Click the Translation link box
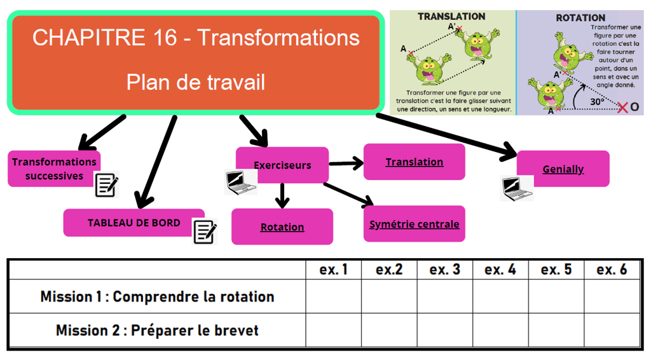coord(414,162)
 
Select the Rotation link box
coord(282,227)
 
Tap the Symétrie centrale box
coord(414,224)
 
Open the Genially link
coord(563,169)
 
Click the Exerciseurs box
coord(282,165)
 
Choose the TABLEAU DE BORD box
coord(134,223)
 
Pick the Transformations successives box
coord(54,169)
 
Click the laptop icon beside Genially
coord(516,187)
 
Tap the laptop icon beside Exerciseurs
coord(241,182)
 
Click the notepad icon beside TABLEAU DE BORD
coord(205,232)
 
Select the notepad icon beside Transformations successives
coord(106,184)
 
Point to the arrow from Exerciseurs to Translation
coord(346,163)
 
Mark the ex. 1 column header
coord(334,270)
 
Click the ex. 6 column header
coord(612,270)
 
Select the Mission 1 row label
coord(157,296)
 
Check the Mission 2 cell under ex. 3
coord(444,330)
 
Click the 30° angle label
coord(596,101)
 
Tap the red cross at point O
coord(622,107)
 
